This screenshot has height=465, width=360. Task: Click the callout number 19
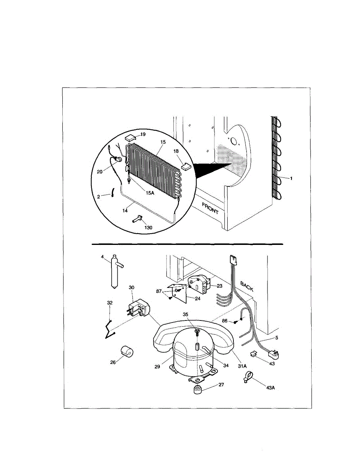pyautogui.click(x=143, y=134)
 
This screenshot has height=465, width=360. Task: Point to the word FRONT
pyautogui.click(x=210, y=208)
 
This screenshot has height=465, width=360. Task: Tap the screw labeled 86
pyautogui.click(x=235, y=321)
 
